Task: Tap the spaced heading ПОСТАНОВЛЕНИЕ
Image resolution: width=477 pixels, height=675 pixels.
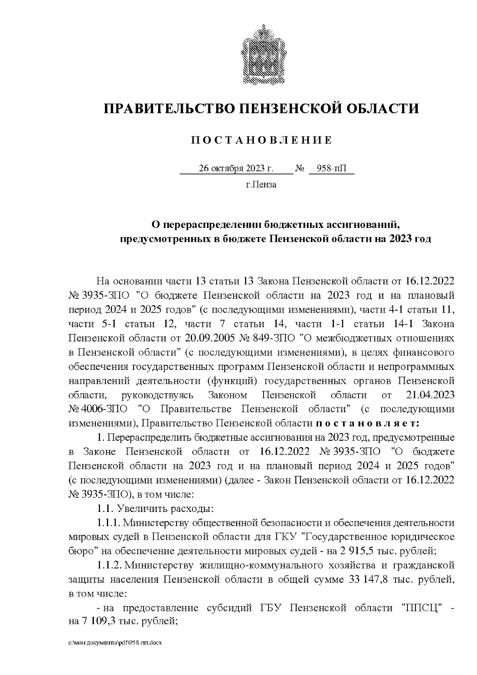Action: coord(262,140)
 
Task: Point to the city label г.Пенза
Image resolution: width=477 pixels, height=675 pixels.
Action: coord(261,185)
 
